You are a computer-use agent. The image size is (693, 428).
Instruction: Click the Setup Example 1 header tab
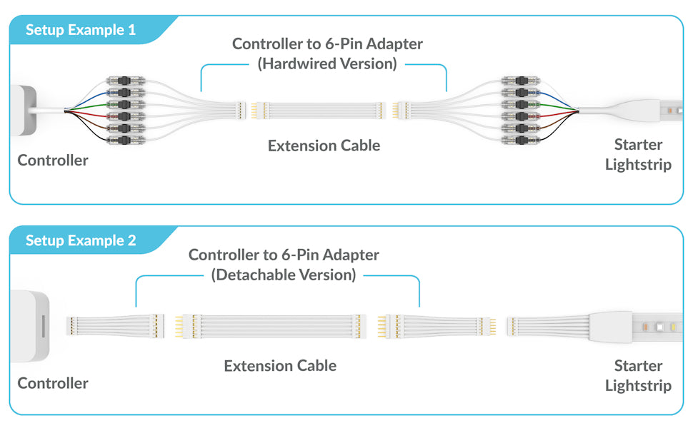(80, 30)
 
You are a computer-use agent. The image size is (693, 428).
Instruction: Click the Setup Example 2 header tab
(80, 240)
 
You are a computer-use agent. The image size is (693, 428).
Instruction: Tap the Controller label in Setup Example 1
(53, 160)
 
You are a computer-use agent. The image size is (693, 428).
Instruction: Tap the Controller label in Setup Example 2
(53, 383)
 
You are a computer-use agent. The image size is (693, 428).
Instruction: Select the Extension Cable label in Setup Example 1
(324, 146)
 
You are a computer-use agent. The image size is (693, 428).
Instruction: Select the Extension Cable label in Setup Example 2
(280, 366)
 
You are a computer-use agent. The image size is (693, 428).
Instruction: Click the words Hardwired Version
(327, 63)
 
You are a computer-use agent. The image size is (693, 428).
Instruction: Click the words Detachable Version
(284, 275)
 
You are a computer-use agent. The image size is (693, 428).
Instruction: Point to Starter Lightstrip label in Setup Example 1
(638, 155)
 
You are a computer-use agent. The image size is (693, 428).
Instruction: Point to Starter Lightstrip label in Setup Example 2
(638, 376)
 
